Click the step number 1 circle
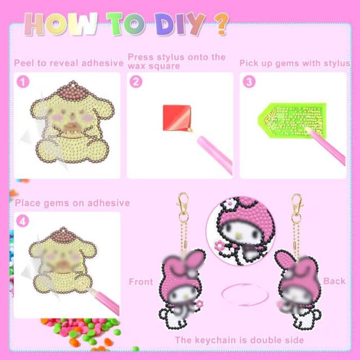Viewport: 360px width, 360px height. pyautogui.click(x=23, y=82)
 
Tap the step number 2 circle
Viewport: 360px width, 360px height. pyautogui.click(x=136, y=82)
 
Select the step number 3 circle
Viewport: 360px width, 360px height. pyautogui.click(x=249, y=82)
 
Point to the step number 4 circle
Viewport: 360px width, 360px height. pyautogui.click(x=23, y=221)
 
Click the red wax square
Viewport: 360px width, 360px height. pyautogui.click(x=177, y=118)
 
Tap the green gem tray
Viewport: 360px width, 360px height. pyautogui.click(x=292, y=120)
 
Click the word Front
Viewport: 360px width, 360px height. pyautogui.click(x=141, y=282)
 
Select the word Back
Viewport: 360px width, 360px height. pyautogui.click(x=334, y=281)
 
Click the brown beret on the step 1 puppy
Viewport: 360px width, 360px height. pyautogui.click(x=73, y=91)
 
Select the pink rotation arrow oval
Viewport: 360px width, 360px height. pyautogui.click(x=245, y=295)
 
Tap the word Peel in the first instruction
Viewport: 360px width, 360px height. pyautogui.click(x=24, y=63)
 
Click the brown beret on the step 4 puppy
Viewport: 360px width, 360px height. pyautogui.click(x=63, y=236)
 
